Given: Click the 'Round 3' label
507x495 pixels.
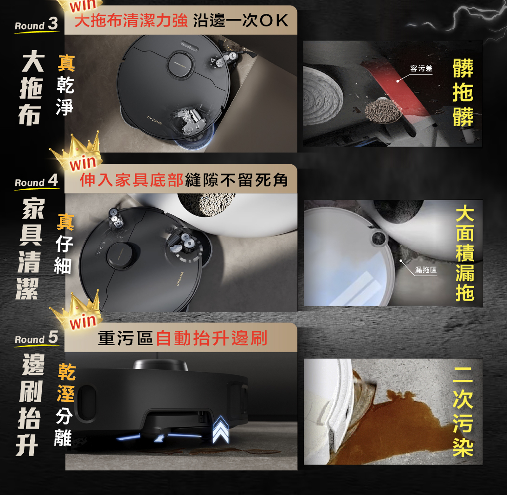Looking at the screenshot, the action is tap(36, 24).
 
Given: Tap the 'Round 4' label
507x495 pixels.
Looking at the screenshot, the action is tap(36, 181).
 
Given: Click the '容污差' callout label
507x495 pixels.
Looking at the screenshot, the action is tap(421, 69).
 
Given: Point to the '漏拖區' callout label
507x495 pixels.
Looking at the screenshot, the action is tap(426, 270).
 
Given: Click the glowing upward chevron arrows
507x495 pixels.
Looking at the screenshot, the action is tap(220, 430).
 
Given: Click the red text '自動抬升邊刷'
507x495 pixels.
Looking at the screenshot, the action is tap(212, 339).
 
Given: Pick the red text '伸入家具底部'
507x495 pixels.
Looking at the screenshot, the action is tap(132, 180).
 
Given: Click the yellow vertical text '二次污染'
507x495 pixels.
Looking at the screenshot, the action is tap(463, 411).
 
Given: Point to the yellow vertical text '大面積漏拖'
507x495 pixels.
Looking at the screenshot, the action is tap(465, 253).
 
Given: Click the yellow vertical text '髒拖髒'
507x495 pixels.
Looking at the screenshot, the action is tap(463, 93).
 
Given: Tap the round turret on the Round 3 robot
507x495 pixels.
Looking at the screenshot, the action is tap(180, 64).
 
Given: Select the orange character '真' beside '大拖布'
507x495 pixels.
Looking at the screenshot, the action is tap(66, 63).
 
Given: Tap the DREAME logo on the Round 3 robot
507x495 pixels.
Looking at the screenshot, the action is tap(154, 120).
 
